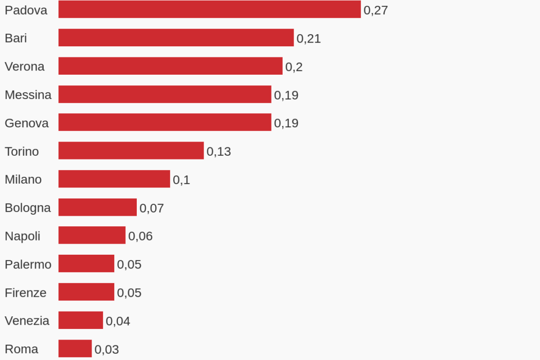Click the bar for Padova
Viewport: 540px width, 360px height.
pos(209,9)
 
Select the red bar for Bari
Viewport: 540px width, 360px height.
pos(176,38)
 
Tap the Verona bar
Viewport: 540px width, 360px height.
pos(171,66)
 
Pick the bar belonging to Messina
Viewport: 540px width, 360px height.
pos(165,95)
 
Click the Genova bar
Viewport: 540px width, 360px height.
pos(165,123)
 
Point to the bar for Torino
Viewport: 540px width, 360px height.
pos(131,151)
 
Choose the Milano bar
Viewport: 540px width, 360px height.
pos(114,179)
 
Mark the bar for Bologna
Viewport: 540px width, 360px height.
pos(97,207)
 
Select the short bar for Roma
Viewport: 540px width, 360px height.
pos(75,348)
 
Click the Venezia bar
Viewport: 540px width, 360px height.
pos(81,320)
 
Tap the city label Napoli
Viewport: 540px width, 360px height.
pos(23,236)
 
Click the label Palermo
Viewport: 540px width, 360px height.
pos(28,264)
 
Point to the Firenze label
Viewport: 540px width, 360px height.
pos(25,293)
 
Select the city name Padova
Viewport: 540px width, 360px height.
pos(26,10)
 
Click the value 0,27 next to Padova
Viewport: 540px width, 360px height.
pos(376,11)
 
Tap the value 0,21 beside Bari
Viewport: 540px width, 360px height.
pos(309,38)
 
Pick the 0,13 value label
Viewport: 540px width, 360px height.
pos(219,152)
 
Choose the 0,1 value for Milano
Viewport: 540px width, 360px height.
pos(182,180)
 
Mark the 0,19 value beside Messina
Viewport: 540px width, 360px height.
pos(286,95)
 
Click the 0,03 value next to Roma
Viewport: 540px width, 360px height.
pos(107,349)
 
